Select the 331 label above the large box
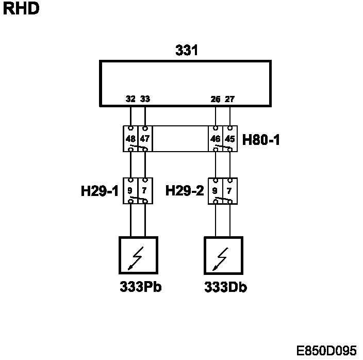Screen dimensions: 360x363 coord(187,51)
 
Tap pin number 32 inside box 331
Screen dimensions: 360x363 coord(130,99)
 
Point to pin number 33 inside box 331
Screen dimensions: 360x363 coord(145,99)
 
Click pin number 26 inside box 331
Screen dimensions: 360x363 coord(216,99)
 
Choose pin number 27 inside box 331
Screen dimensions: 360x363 coord(230,99)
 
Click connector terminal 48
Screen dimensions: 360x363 coord(131,139)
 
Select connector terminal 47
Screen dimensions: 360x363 coord(145,139)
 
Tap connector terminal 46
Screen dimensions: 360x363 coord(216,139)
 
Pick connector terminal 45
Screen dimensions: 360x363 coord(230,139)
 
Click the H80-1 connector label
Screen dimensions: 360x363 coord(261,139)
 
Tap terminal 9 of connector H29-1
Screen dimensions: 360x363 coord(131,190)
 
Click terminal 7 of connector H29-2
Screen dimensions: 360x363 coord(230,190)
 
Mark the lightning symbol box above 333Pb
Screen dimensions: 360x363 coord(138,255)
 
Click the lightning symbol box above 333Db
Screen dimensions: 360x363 coord(223,255)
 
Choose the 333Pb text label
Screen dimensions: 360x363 coord(140,287)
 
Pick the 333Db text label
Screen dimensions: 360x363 coord(225,287)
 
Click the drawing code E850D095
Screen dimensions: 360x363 coord(326,351)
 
